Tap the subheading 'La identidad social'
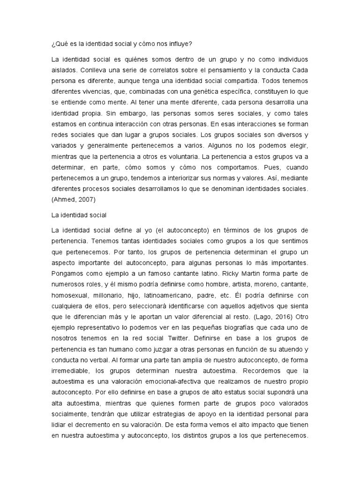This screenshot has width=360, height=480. tap(79, 215)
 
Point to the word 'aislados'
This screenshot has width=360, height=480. tap(63, 69)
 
